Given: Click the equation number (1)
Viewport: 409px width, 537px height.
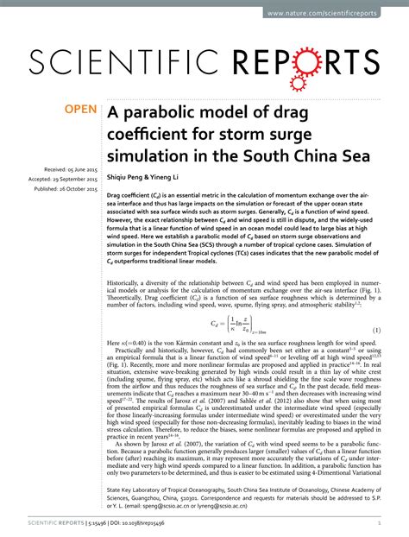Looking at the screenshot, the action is [376, 331].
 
